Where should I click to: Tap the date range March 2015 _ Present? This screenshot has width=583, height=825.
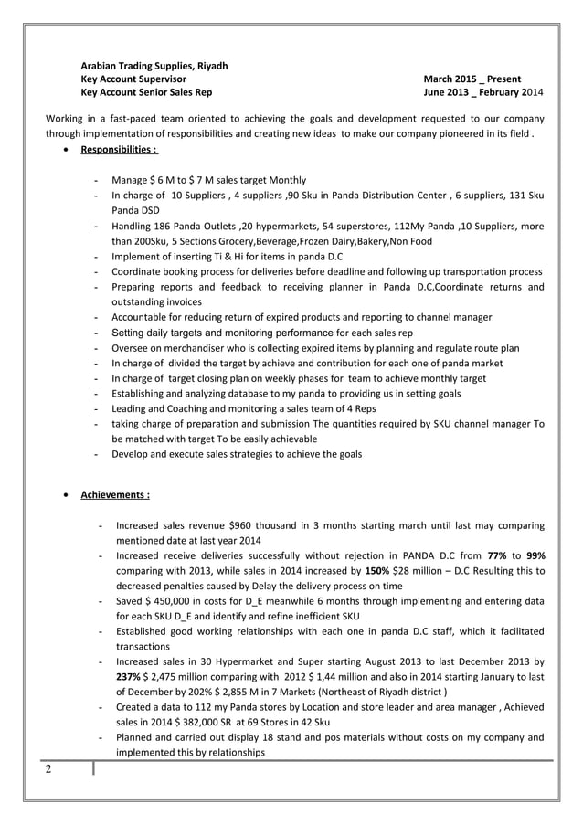click(x=472, y=79)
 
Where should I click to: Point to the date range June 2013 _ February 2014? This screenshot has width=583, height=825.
click(x=484, y=93)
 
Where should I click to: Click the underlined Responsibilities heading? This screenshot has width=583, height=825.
click(x=119, y=149)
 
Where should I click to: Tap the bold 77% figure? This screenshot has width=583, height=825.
click(x=497, y=555)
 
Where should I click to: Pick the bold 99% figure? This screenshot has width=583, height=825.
click(x=535, y=555)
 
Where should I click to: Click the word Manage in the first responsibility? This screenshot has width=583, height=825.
click(x=129, y=180)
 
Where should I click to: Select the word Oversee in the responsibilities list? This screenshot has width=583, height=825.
click(x=132, y=348)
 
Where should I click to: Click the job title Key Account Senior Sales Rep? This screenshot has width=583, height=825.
click(x=147, y=93)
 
